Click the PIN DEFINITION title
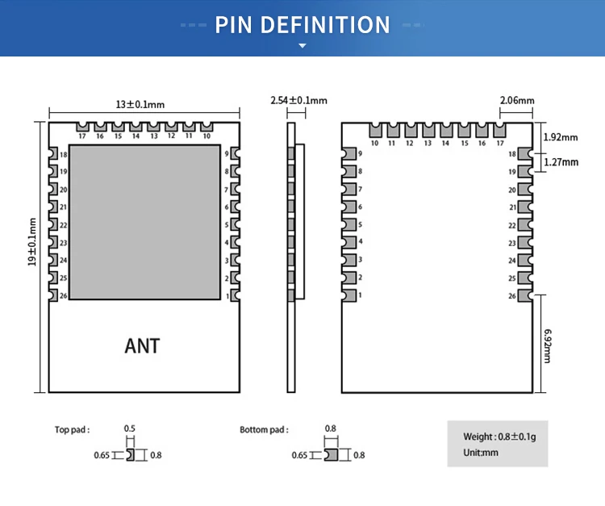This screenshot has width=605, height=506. coord(302,24)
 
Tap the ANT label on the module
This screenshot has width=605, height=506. coord(142,346)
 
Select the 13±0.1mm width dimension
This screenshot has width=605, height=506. coord(140,104)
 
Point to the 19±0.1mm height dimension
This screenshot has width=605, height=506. coord(32,243)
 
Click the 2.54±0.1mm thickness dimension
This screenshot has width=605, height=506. coord(298,100)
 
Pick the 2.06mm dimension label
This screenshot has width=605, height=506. coord(517,100)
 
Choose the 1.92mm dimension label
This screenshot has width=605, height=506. coord(561,137)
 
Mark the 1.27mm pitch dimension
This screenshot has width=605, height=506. coord(561,161)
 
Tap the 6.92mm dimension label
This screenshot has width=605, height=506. coord(548,345)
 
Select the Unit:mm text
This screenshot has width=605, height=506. coord(481,453)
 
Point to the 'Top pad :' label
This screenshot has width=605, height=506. coord(72,430)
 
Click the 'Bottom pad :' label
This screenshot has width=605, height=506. coord(264,430)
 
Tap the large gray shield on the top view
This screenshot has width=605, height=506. coord(145,221)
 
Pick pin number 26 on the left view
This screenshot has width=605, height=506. coord(63,296)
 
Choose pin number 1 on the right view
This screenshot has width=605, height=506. coord(360,296)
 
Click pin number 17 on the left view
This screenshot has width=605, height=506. coord(82,136)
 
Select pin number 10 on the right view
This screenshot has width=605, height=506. coord(375,144)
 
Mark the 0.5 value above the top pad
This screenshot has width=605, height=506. coord(129,429)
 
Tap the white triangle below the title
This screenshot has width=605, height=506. coord(302,46)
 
